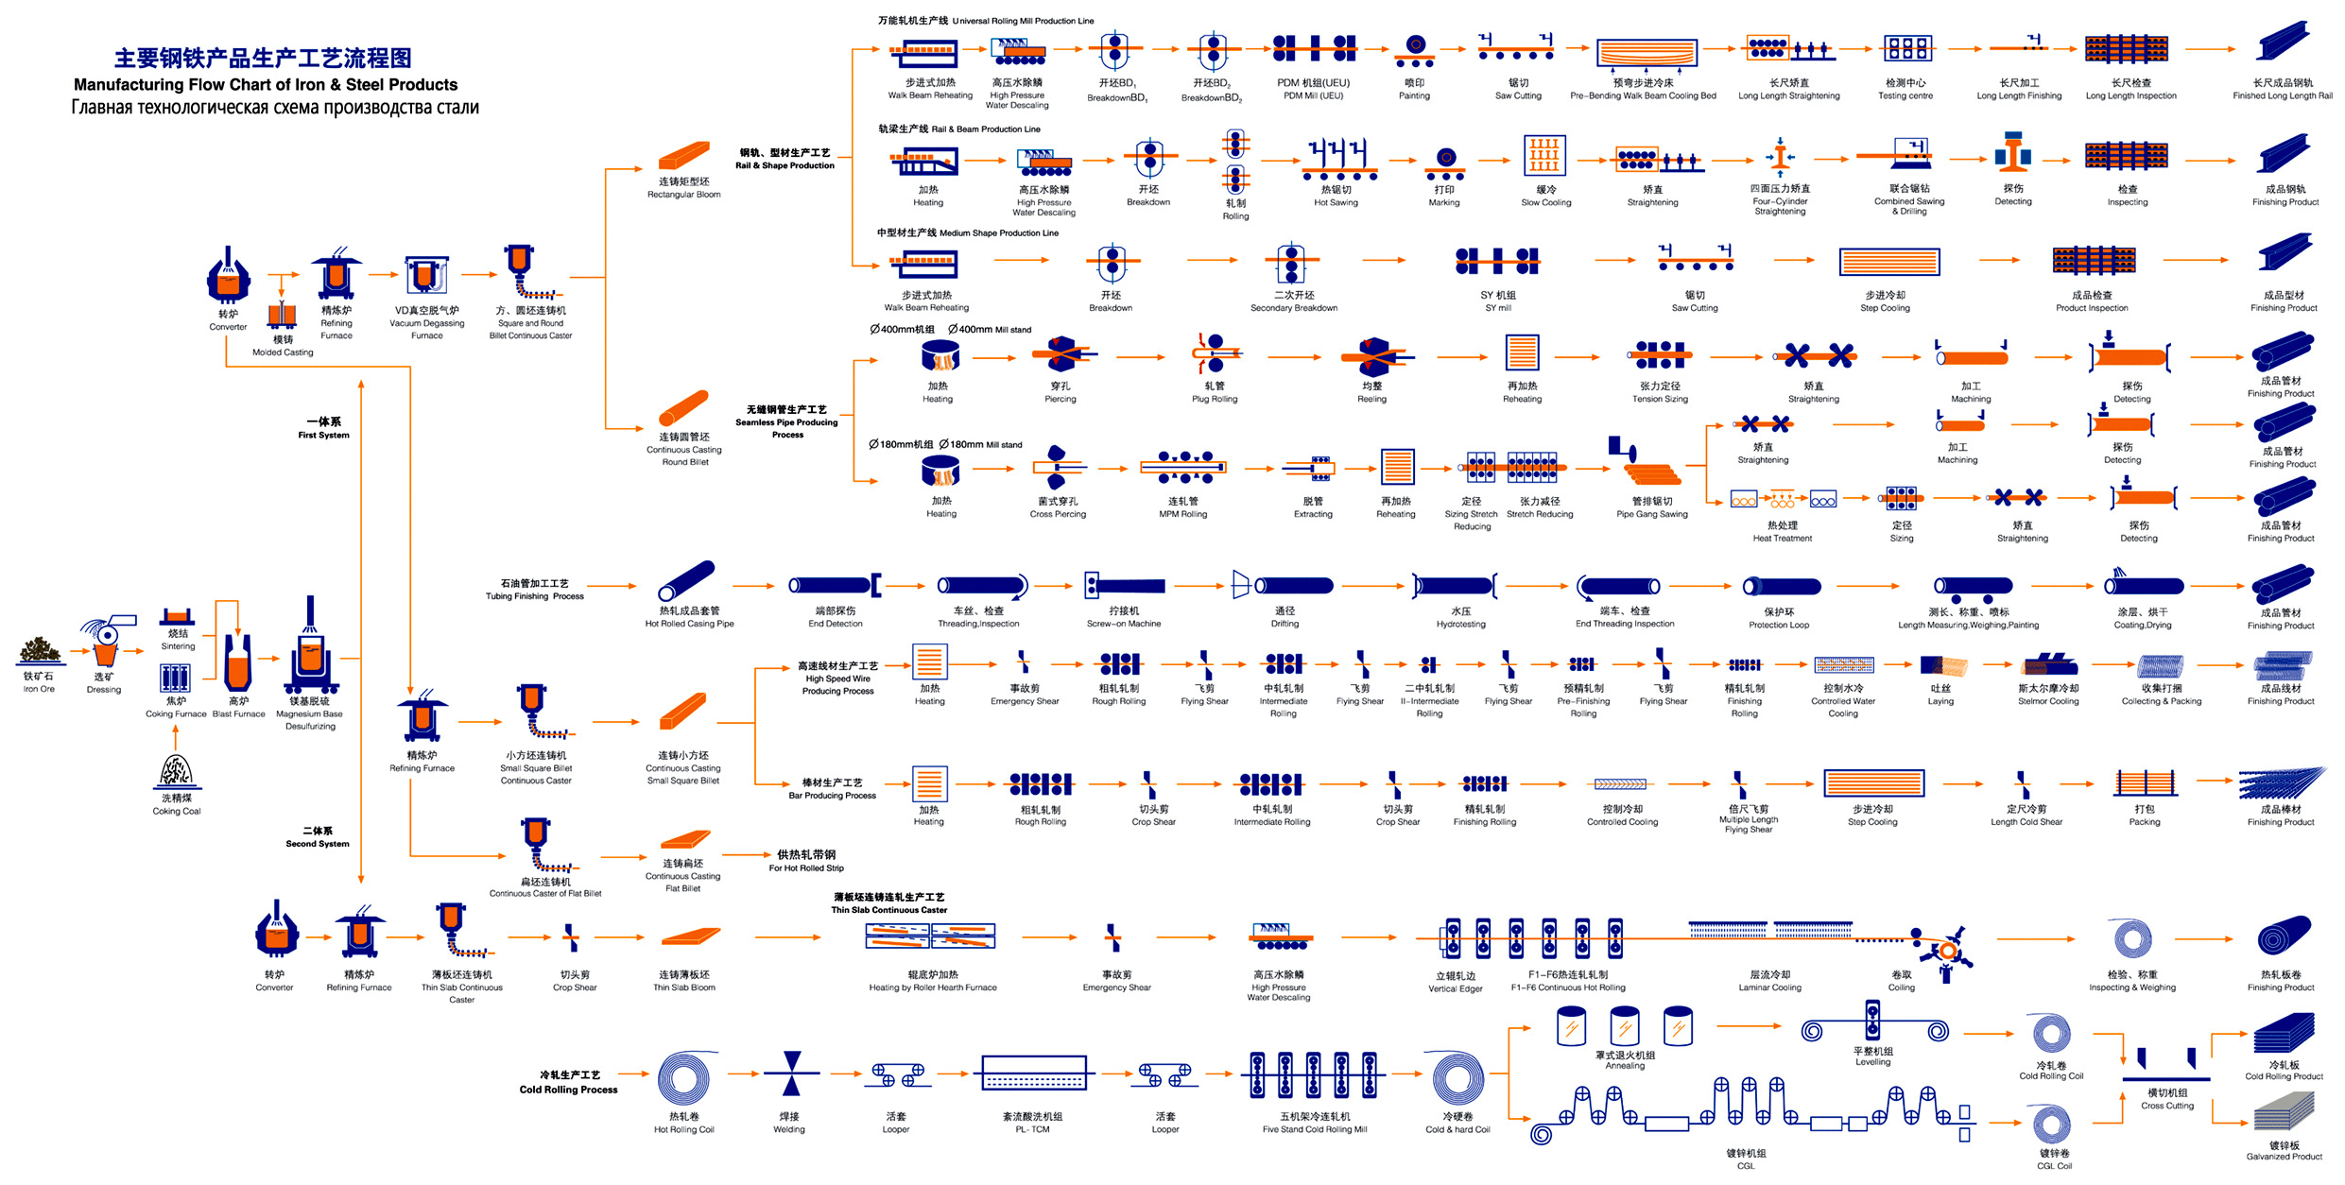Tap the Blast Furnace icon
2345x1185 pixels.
(238, 661)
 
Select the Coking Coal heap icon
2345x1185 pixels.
(176, 771)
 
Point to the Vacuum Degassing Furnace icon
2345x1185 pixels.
(426, 276)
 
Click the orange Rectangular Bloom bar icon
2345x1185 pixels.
(683, 156)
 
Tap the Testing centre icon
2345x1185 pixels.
(1906, 48)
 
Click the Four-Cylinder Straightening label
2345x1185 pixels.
(1780, 200)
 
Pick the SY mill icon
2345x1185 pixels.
(1498, 261)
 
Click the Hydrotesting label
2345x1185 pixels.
(1460, 618)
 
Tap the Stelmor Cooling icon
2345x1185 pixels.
(2049, 665)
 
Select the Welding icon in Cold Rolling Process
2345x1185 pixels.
(792, 1074)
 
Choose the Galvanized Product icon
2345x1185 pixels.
(2284, 1111)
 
